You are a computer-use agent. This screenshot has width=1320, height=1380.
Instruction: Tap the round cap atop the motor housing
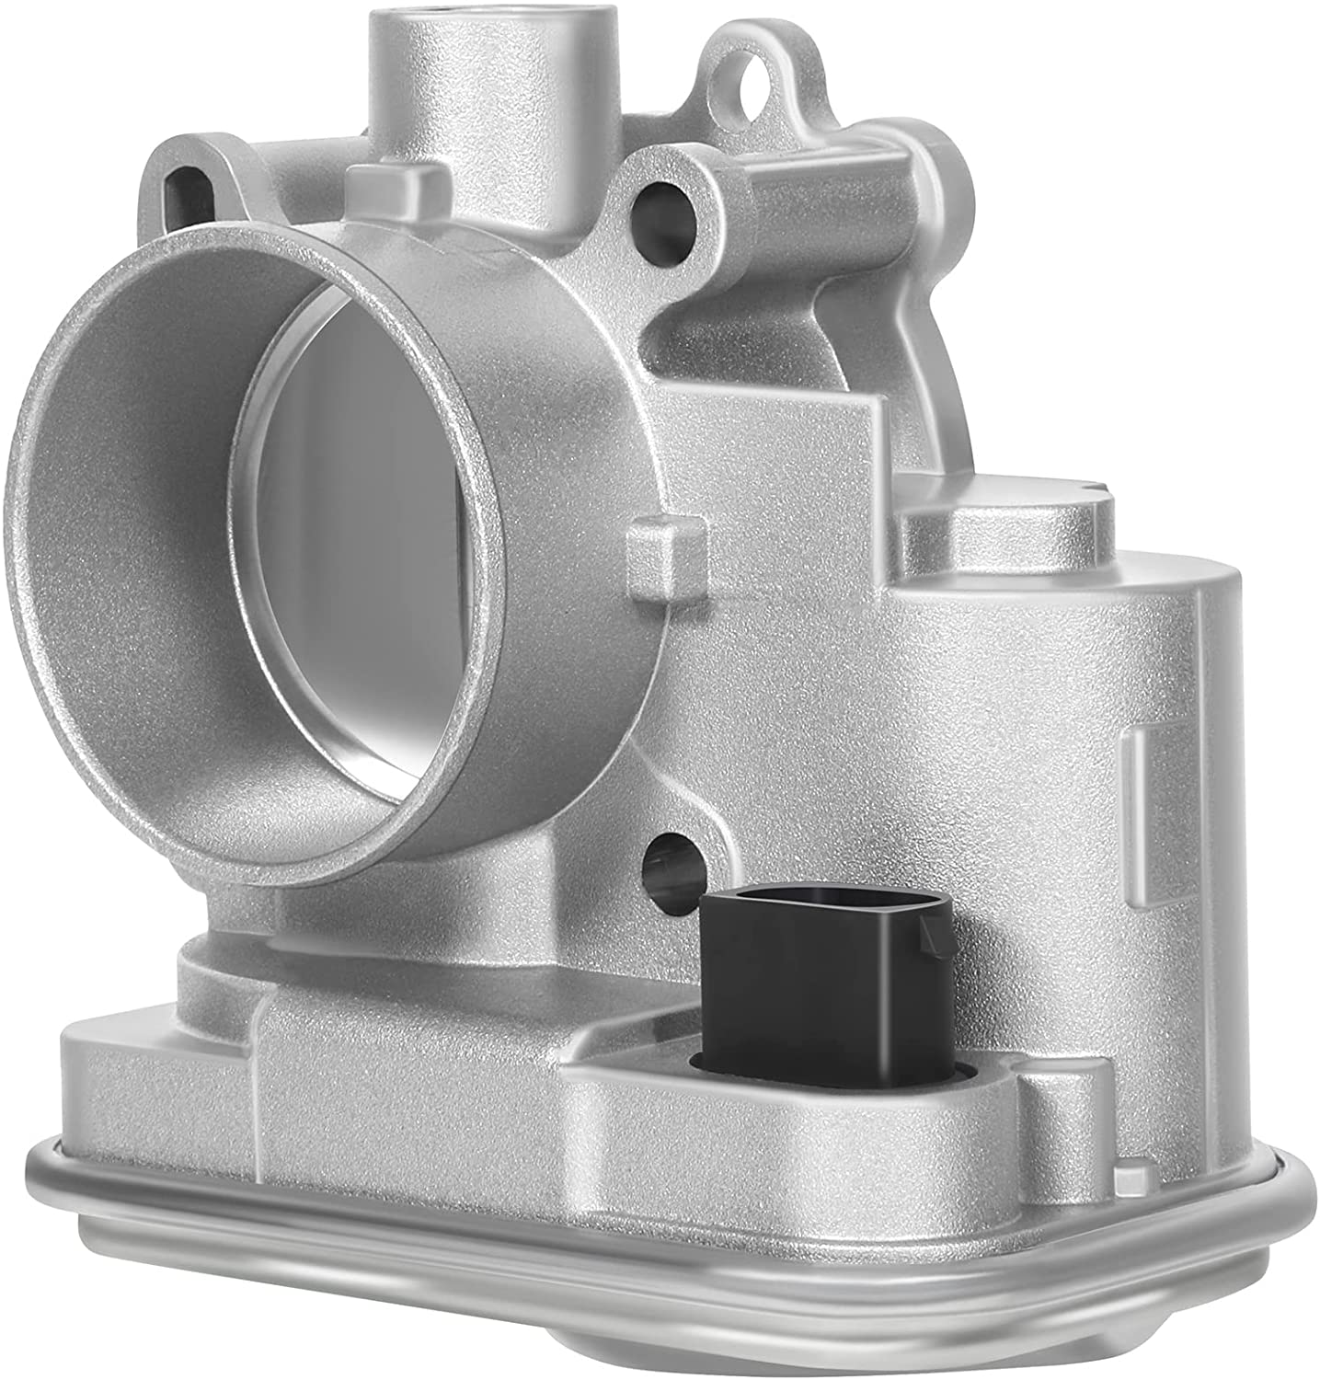(x=1003, y=524)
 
